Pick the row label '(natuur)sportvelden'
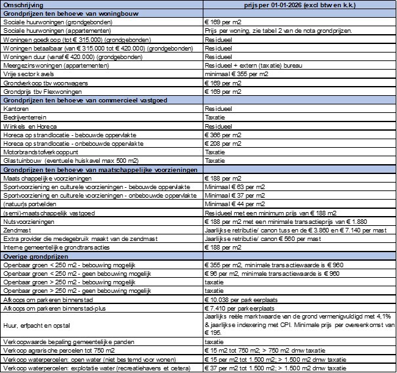[30, 204]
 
